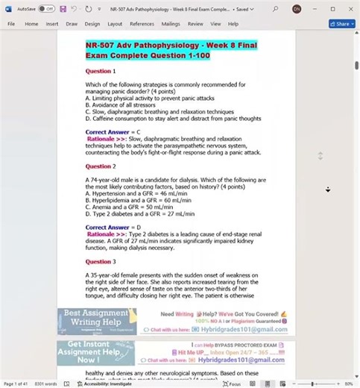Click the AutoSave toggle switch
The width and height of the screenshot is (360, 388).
coord(46,9)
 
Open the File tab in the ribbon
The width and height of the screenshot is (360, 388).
coord(11,24)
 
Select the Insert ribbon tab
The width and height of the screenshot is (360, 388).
coord(51,24)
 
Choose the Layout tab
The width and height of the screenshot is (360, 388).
coord(115,24)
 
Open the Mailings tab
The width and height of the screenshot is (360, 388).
coord(171,24)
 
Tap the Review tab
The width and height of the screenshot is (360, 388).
coord(195,24)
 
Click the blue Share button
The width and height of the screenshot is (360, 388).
coord(341,24)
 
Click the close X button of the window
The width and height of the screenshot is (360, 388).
coord(350,9)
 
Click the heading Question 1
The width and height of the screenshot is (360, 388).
coord(100,71)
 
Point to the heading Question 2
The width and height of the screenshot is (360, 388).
coord(100,166)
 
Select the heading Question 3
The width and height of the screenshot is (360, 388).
coord(100,262)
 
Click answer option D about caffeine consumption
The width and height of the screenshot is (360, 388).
coord(173,118)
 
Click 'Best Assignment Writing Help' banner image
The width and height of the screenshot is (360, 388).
coord(97,322)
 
